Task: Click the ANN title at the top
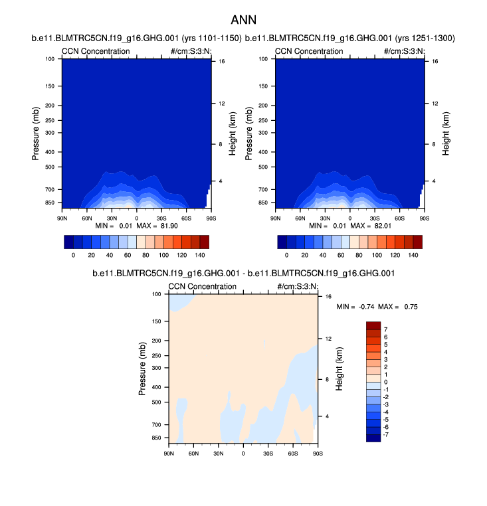coord(243,20)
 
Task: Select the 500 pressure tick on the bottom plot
coord(157,402)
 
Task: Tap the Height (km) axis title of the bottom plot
coord(339,369)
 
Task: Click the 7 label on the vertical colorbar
coord(385,329)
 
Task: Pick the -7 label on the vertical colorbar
coord(387,434)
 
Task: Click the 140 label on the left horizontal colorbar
coord(199,255)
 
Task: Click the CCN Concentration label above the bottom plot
coord(203,286)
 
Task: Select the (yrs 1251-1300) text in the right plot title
coord(425,39)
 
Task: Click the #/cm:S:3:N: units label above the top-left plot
coord(191,51)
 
